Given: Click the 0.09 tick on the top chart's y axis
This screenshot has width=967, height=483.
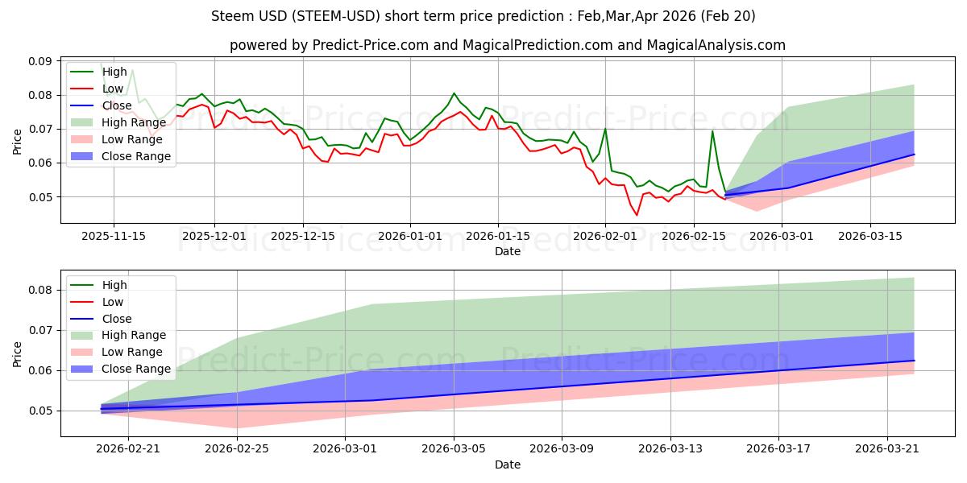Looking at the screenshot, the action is tap(40, 61).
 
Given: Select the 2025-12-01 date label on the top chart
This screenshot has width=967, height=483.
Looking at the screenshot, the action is tap(214, 237).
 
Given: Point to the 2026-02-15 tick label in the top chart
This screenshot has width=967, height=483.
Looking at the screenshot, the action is tap(694, 237).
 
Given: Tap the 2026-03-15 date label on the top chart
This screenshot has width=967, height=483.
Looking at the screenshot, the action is tap(869, 237).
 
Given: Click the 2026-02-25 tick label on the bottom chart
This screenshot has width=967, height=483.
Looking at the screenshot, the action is tap(237, 449).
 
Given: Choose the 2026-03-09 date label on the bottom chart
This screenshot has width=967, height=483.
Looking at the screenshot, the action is tap(562, 449).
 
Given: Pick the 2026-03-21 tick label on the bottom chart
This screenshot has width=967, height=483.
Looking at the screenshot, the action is tap(887, 449).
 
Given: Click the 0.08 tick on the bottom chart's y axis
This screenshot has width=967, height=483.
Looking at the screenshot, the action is tap(40, 291).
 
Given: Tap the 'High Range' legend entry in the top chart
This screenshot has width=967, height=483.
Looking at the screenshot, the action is tap(118, 122).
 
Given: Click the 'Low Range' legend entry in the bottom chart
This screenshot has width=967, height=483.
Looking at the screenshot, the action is tap(116, 353).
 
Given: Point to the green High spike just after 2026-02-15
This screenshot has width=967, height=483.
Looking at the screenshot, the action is tap(712, 131).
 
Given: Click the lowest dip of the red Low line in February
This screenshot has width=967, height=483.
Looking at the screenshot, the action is tap(637, 215).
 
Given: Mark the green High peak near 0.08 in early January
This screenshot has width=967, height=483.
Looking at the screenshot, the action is tap(454, 93).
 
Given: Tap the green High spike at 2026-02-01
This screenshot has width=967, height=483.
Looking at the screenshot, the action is tap(605, 129).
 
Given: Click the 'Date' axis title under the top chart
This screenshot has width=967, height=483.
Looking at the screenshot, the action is tap(508, 251).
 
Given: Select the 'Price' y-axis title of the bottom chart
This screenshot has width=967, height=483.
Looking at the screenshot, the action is tap(17, 354).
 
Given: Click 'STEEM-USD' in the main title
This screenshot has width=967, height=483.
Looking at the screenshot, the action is tap(336, 16).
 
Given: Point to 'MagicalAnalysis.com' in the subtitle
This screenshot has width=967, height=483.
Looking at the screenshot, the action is tap(716, 45).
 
